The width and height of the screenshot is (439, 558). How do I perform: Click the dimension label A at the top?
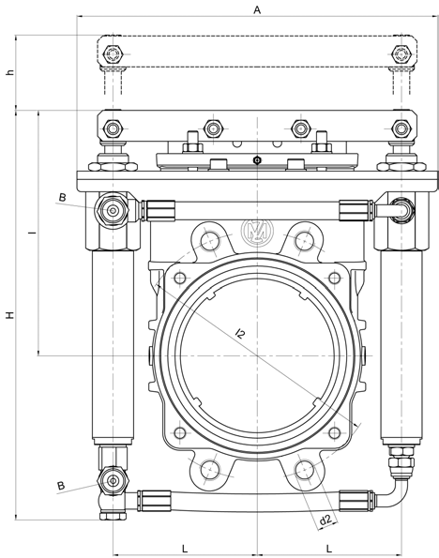[257, 9]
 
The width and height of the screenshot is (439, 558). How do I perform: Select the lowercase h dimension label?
[11, 72]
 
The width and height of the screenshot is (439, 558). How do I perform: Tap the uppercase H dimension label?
[10, 315]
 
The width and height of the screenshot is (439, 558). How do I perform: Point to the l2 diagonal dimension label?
[241, 334]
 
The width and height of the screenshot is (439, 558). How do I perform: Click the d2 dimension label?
[325, 520]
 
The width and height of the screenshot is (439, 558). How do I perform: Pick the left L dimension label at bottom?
[185, 549]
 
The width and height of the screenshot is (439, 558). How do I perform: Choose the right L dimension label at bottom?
[328, 549]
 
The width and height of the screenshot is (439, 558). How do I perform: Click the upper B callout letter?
[62, 198]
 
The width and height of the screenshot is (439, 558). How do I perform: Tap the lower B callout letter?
[61, 486]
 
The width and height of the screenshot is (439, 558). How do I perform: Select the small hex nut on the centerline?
[257, 160]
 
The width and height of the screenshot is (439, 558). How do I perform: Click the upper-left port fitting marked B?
[113, 211]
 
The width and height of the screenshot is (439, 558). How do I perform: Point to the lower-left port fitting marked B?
[113, 481]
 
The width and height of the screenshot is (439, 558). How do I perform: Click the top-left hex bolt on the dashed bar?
[113, 54]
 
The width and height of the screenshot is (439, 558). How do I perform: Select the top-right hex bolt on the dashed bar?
[401, 54]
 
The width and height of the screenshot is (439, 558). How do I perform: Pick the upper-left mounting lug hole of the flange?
[210, 241]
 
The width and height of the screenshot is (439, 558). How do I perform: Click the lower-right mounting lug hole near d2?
[305, 470]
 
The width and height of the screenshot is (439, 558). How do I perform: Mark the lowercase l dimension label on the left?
[33, 233]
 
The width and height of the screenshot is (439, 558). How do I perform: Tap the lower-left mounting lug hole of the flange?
[210, 470]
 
